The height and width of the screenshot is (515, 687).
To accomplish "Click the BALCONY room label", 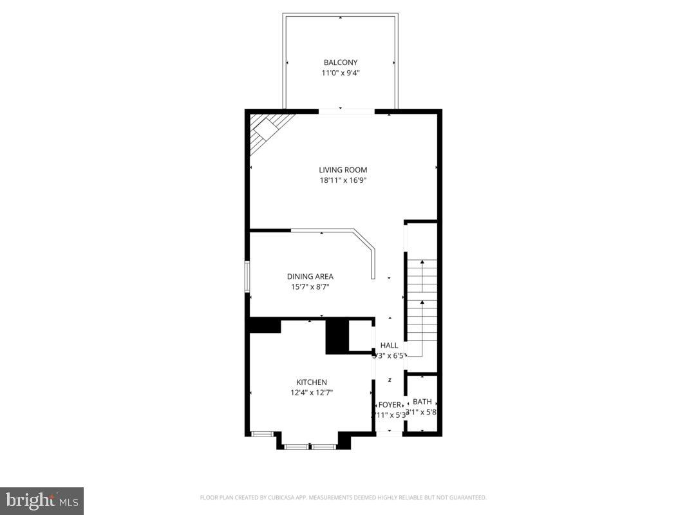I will click(x=340, y=62).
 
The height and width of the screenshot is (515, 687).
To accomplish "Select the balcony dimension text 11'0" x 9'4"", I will click(x=340, y=73).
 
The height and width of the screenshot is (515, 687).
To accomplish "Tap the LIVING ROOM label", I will click(x=343, y=170).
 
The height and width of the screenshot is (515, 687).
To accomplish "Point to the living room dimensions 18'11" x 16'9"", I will click(x=343, y=180).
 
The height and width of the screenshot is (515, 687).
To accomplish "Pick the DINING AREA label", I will click(x=310, y=276).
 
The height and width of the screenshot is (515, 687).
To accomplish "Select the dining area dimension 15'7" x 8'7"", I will click(x=310, y=287).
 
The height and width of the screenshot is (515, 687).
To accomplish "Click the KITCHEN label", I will click(x=311, y=382).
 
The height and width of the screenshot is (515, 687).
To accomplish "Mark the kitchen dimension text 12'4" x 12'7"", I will click(x=311, y=392).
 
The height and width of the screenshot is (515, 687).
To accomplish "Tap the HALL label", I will click(x=389, y=345).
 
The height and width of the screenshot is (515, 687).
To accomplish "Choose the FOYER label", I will click(x=390, y=404).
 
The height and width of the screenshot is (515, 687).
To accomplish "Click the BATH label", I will click(x=422, y=402).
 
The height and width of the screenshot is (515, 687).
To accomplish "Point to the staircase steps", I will click(x=422, y=303).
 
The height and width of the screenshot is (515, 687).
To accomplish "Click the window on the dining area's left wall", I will click(x=247, y=277).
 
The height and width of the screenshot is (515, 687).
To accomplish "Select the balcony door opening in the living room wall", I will click(x=346, y=112).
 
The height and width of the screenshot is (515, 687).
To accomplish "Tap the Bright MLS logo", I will click(x=42, y=500).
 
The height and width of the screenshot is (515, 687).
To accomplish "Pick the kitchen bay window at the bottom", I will click(x=310, y=445).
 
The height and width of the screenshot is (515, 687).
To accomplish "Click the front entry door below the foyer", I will click(x=389, y=434).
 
